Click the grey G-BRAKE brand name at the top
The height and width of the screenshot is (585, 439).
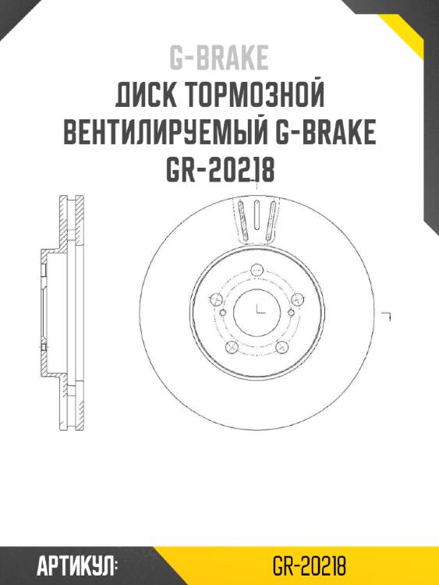(x=219, y=58)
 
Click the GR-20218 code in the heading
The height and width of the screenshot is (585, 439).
(x=220, y=169)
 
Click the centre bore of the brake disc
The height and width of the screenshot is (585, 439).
(x=257, y=312)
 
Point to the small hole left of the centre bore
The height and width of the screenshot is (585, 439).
(x=222, y=313)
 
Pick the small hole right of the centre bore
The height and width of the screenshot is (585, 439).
(x=292, y=313)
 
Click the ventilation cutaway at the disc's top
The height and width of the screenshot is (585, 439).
(x=257, y=218)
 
